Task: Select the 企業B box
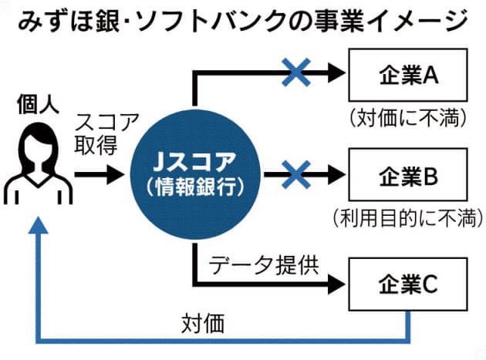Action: coord(409,177)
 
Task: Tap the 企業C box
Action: coord(409,284)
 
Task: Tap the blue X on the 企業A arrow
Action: coord(295,73)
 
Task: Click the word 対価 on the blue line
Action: coord(204,323)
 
